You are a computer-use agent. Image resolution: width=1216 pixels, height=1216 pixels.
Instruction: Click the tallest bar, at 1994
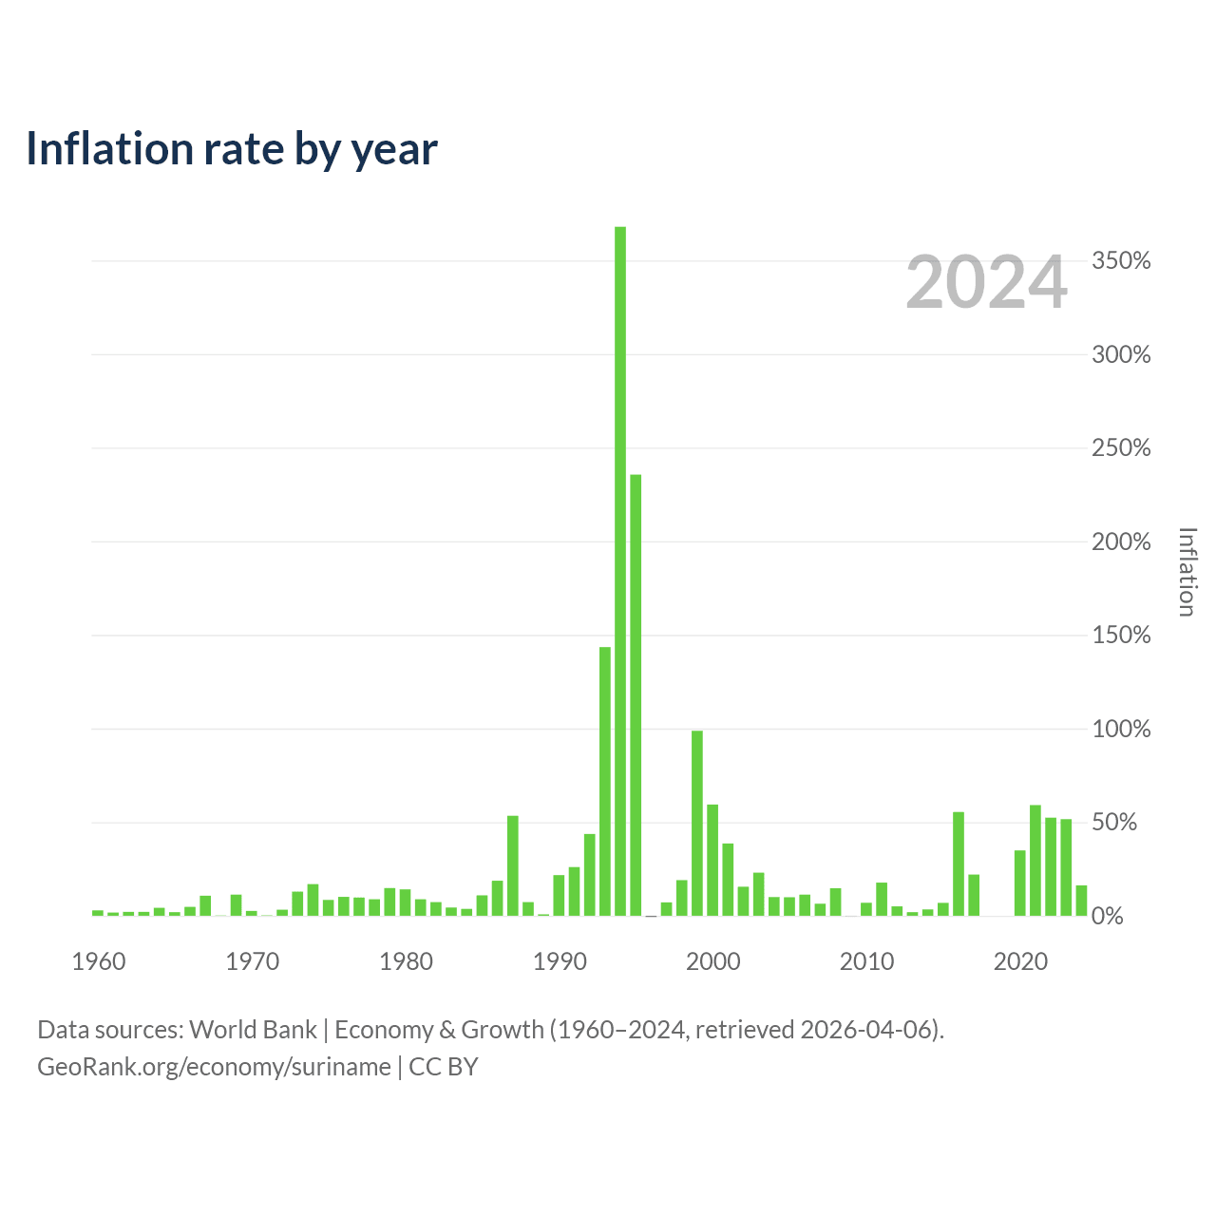pyautogui.click(x=619, y=570)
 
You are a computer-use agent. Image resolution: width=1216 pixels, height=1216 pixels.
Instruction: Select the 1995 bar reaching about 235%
pyautogui.click(x=636, y=694)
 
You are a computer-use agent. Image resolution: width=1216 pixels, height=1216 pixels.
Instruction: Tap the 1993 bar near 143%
pyautogui.click(x=604, y=781)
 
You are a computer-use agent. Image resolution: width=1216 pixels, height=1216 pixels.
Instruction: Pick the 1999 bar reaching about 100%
pyautogui.click(x=696, y=823)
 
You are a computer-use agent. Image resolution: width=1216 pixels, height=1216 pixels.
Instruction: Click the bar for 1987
pyautogui.click(x=512, y=865)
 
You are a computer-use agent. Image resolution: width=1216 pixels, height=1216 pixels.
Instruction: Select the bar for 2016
pyautogui.click(x=958, y=864)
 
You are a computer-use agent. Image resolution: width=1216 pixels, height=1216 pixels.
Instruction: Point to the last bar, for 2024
pyautogui.click(x=1081, y=901)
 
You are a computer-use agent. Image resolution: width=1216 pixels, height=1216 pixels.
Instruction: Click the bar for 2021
pyautogui.click(x=1035, y=860)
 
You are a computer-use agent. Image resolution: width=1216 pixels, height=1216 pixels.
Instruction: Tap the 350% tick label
pyautogui.click(x=1121, y=260)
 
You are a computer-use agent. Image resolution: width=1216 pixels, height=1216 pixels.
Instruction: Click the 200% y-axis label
pyautogui.click(x=1121, y=541)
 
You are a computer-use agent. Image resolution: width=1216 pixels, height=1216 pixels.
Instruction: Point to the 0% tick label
pyautogui.click(x=1107, y=916)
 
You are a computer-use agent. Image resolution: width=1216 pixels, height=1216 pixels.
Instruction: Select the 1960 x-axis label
pyautogui.click(x=99, y=961)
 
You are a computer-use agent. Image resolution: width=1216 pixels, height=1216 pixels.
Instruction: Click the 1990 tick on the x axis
pyautogui.click(x=560, y=961)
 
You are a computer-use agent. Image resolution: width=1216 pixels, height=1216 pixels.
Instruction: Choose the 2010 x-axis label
pyautogui.click(x=866, y=961)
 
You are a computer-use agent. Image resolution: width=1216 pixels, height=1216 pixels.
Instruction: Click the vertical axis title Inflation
pyautogui.click(x=1187, y=572)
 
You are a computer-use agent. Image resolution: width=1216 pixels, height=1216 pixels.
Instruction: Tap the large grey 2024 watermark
pyautogui.click(x=986, y=282)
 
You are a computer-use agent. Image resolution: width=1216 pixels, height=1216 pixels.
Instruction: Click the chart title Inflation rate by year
pyautogui.click(x=232, y=149)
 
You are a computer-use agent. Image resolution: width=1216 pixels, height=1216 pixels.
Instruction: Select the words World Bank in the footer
pyautogui.click(x=253, y=1029)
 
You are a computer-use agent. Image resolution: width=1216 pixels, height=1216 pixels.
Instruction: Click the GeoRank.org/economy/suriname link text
pyautogui.click(x=214, y=1067)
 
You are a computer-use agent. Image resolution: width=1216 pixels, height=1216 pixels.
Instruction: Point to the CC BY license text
pyautogui.click(x=443, y=1067)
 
